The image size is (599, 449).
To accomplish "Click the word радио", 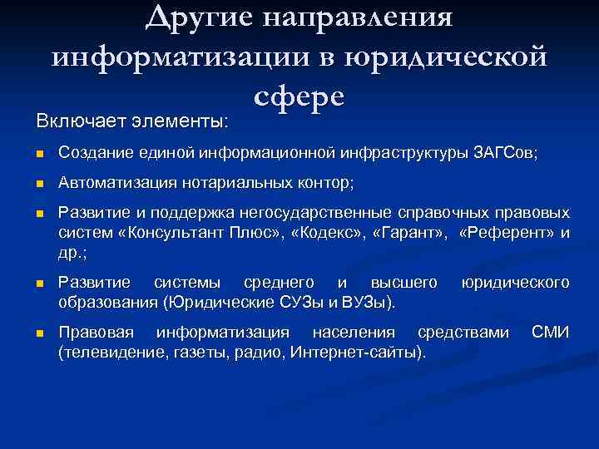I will [x=258, y=353].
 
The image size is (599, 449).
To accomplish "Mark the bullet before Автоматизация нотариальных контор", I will [x=39, y=183].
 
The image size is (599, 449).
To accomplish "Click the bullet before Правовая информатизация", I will [x=39, y=334].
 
